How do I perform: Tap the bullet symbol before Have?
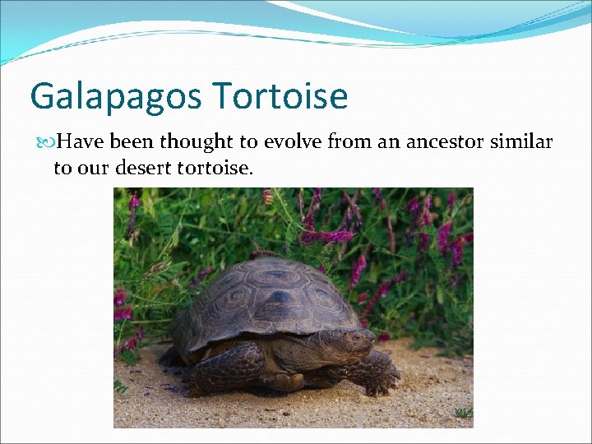[x=47, y=143]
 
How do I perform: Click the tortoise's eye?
[x=357, y=336]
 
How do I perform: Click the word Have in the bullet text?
[x=81, y=142]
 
